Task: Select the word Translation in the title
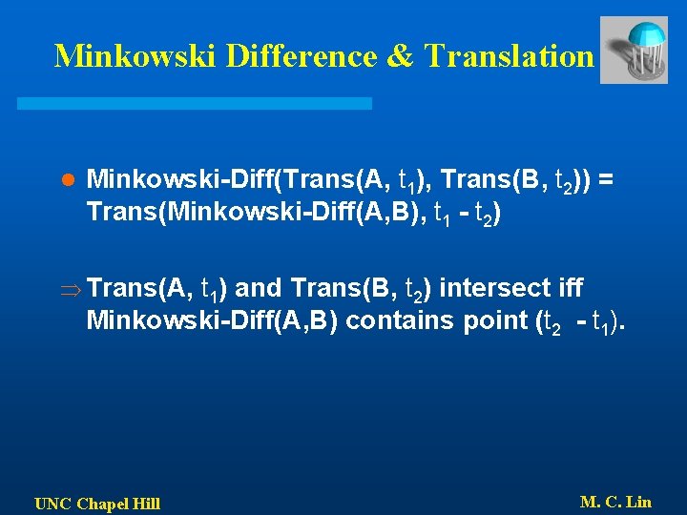click(509, 55)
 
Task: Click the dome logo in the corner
click(634, 50)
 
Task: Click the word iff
click(569, 287)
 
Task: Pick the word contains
click(389, 319)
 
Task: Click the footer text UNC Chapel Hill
click(97, 504)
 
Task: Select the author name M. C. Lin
click(615, 502)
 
